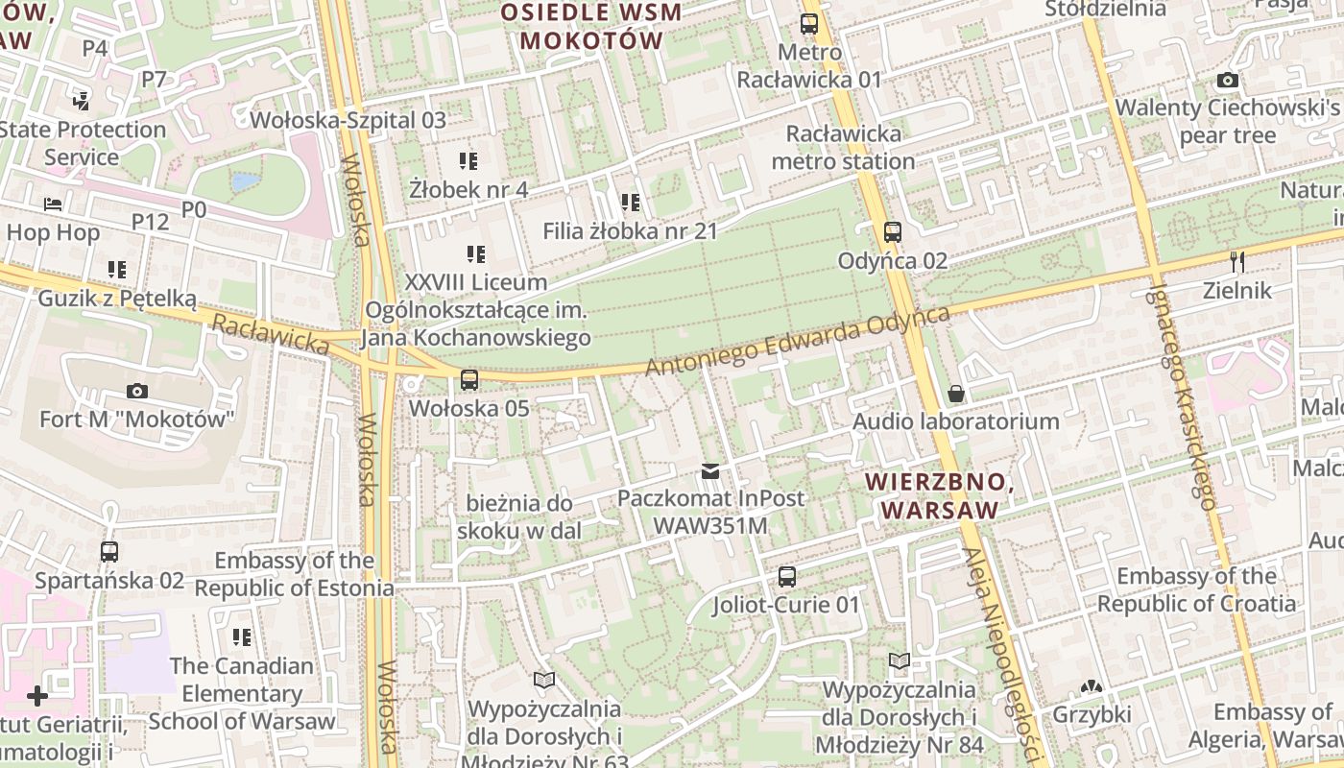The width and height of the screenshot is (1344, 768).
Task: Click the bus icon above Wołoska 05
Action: click(x=468, y=380)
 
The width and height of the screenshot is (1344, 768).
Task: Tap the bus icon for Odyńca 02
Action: click(x=892, y=231)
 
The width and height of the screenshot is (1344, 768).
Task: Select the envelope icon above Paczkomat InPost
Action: click(x=710, y=470)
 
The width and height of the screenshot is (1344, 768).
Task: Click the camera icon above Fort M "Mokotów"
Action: click(x=137, y=391)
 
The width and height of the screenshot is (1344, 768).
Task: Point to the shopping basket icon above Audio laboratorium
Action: click(x=956, y=394)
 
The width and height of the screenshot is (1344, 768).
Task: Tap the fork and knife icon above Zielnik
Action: click(x=1237, y=261)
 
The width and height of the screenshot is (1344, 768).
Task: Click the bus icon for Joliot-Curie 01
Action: click(x=786, y=577)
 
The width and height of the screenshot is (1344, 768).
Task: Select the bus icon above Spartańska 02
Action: click(x=109, y=552)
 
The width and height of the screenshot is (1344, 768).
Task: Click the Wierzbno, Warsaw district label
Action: click(x=939, y=495)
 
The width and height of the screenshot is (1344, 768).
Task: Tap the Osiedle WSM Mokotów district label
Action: click(x=591, y=27)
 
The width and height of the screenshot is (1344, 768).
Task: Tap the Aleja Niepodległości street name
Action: click(x=999, y=653)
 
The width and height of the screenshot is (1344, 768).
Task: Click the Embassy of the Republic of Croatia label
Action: click(x=1196, y=589)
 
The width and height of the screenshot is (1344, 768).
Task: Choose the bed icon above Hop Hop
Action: click(x=53, y=204)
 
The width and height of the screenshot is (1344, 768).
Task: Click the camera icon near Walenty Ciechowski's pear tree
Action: click(x=1227, y=81)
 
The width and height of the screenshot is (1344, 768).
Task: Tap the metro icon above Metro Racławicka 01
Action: click(x=809, y=24)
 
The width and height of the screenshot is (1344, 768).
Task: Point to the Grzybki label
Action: click(x=1092, y=714)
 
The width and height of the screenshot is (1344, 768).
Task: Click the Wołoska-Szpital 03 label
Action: click(x=348, y=120)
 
